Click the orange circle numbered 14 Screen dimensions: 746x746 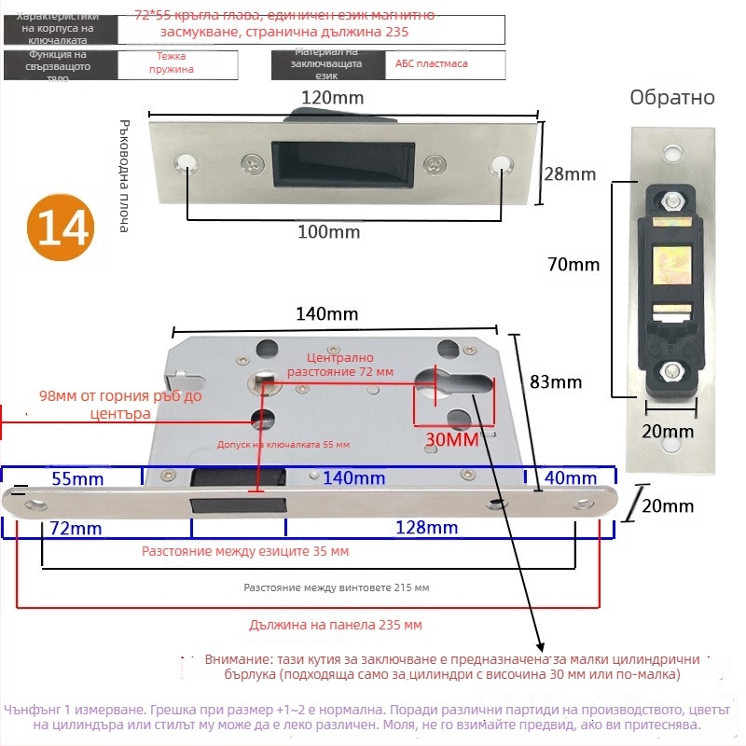pos(62,227)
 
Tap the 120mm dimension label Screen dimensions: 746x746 pos(333,97)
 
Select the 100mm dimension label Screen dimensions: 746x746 pos(328,232)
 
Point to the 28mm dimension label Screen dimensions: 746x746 pos(569,173)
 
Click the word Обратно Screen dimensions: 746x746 pos(672,98)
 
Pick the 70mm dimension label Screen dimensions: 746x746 pos(573,265)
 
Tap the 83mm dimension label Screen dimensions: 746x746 pos(556,381)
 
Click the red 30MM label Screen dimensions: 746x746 pos(451,438)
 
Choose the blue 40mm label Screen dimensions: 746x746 pos(571,478)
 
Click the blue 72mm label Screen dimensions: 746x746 pos(76,529)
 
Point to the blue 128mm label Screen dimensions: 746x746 pos(427,529)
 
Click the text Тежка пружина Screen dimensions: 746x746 pos(177,63)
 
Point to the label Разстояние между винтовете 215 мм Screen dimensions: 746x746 pos(336,588)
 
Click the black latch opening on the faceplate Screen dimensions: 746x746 pos(238,504)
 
